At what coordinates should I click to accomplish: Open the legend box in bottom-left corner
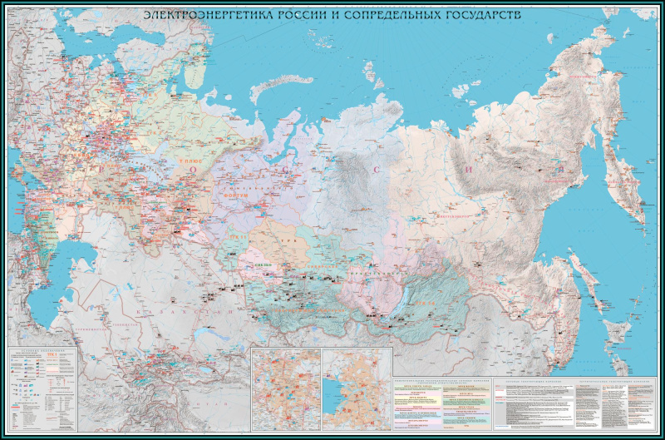tap(43, 388)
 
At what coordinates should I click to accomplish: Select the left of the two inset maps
tap(286, 388)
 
